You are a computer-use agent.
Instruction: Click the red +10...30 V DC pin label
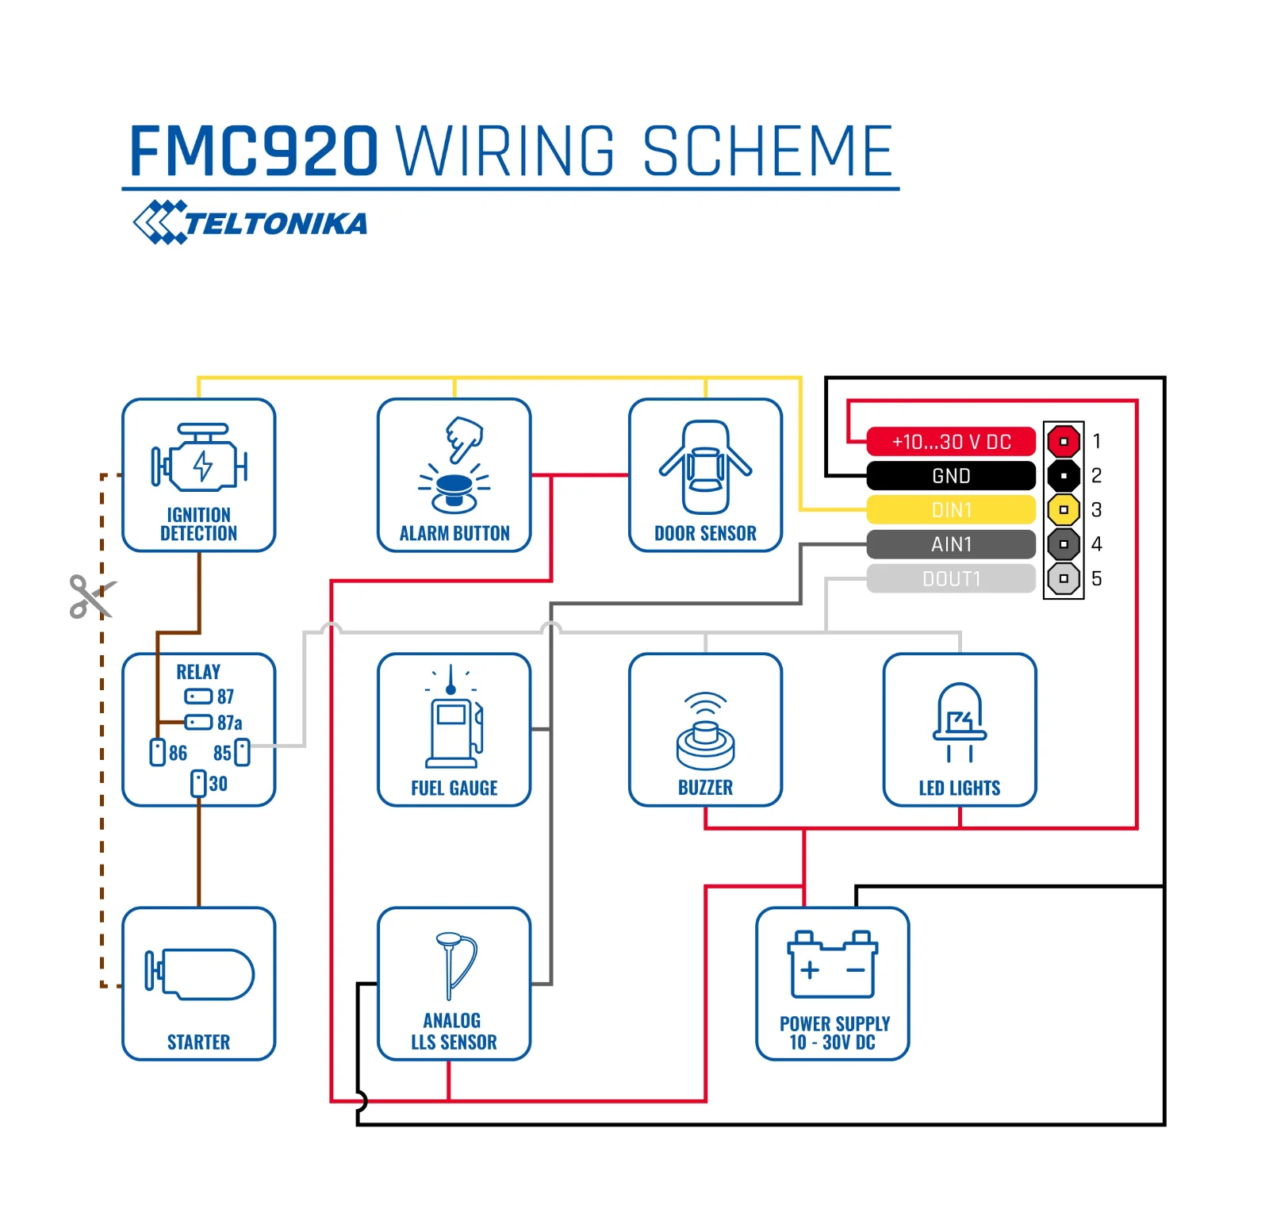(x=951, y=441)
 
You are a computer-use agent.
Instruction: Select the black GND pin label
(x=951, y=475)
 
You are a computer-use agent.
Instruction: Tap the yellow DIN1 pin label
(x=951, y=509)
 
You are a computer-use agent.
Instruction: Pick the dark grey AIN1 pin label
(x=951, y=544)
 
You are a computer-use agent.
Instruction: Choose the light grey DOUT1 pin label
(x=951, y=578)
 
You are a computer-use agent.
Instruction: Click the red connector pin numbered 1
(x=1064, y=441)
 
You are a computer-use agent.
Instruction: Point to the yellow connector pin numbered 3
(x=1064, y=509)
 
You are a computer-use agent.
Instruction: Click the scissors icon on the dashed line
(x=91, y=597)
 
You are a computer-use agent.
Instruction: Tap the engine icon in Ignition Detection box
(x=199, y=459)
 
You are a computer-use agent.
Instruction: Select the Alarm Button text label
(x=454, y=533)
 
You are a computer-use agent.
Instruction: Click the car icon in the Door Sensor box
(x=705, y=467)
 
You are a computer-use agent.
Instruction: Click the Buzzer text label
(x=705, y=788)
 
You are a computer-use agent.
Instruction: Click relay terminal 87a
(x=198, y=722)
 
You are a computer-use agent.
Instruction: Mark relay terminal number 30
(x=198, y=783)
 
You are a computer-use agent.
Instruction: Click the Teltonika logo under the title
(x=251, y=223)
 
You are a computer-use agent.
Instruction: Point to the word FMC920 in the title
(x=254, y=151)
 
